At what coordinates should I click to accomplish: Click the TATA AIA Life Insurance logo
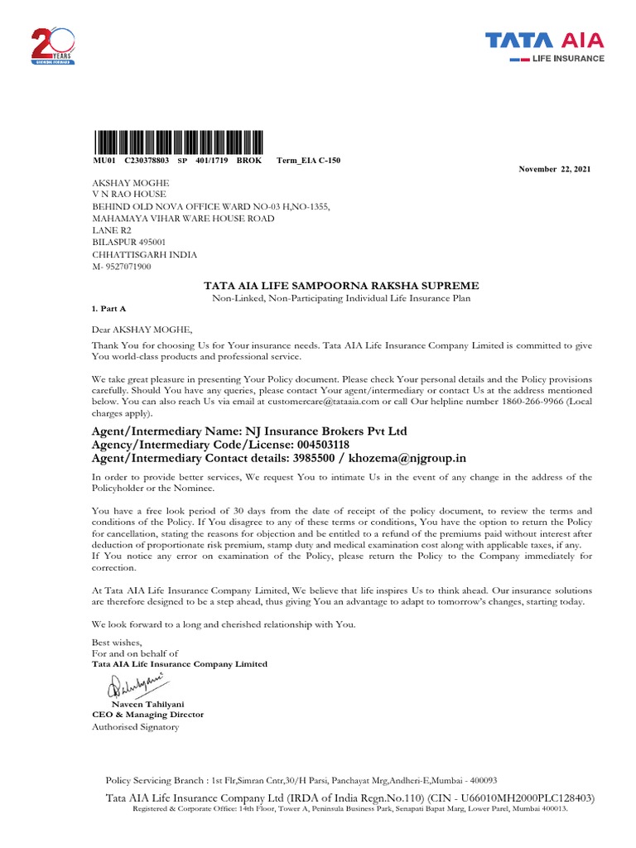tap(544, 47)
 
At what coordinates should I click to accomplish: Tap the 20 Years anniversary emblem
tap(53, 46)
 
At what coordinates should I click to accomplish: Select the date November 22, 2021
tap(555, 169)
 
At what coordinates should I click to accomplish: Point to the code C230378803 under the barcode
tap(147, 160)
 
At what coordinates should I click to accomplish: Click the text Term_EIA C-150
tap(308, 160)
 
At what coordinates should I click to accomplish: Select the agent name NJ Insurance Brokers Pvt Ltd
tap(324, 431)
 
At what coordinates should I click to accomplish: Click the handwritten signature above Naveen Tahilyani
tap(133, 686)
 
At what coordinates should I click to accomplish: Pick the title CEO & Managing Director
tap(147, 714)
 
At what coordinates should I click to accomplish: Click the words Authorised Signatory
tap(134, 727)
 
